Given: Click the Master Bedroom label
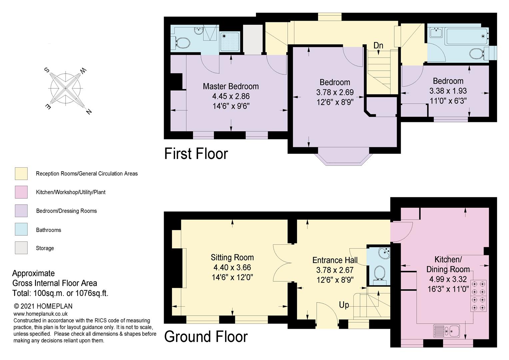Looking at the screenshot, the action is (231, 86).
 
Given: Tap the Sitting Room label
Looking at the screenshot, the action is (232, 257).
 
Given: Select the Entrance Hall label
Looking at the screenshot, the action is (335, 260).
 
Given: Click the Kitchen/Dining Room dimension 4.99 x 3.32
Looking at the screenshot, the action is (448, 279).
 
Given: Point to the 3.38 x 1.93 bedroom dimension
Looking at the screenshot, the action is (448, 91).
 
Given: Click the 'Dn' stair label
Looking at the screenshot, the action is (378, 45).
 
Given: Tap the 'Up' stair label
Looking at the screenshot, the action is (344, 305).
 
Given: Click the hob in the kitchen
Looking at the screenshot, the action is (479, 296).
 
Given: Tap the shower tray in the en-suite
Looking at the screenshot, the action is (230, 41).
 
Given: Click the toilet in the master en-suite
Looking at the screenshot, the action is (181, 43).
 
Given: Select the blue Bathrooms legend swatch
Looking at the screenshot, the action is (21, 229).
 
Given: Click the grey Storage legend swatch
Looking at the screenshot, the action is (21, 248).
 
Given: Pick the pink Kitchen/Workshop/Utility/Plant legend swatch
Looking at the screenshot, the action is (21, 192).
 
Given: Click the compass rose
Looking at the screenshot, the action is (66, 89).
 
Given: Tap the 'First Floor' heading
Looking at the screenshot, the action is (196, 154).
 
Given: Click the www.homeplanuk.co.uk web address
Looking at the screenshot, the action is (40, 314).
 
